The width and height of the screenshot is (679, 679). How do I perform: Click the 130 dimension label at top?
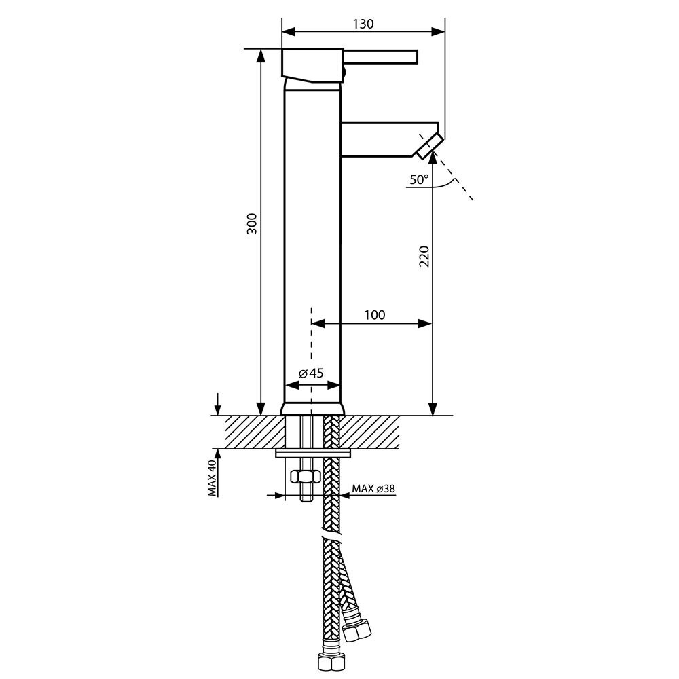pos(363,24)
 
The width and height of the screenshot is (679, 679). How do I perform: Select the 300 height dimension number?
pos(252,223)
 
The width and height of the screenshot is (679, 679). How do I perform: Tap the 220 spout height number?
pos(424,257)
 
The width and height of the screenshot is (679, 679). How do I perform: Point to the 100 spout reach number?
pos(375,315)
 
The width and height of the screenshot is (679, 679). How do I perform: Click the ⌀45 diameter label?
pos(311,373)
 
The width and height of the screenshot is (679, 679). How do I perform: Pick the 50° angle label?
pos(419,179)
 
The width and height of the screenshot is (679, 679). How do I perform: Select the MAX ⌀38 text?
pos(373,489)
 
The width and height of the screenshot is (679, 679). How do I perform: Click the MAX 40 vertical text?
pos(212,478)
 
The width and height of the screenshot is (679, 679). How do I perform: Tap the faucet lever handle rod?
pos(381,58)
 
